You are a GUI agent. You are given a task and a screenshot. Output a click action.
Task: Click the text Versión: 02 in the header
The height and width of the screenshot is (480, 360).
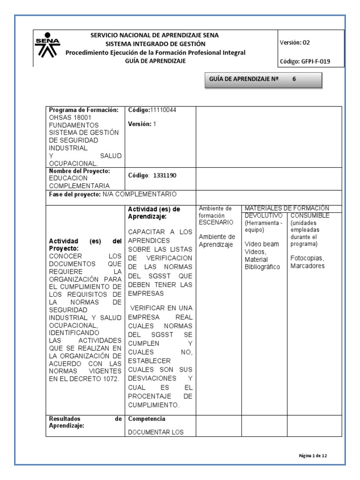click(x=294, y=42)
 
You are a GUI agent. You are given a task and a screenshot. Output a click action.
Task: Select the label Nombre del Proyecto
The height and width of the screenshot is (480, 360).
click(x=79, y=171)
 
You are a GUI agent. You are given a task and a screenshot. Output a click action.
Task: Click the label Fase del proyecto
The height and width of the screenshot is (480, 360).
click(x=75, y=194)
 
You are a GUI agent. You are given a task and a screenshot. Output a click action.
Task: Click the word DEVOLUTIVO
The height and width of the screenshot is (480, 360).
click(x=262, y=215)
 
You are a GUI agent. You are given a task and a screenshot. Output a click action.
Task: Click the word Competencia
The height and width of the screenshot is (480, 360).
click(x=147, y=418)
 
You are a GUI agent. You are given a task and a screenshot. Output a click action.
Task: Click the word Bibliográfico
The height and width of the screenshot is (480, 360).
click(x=262, y=267)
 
